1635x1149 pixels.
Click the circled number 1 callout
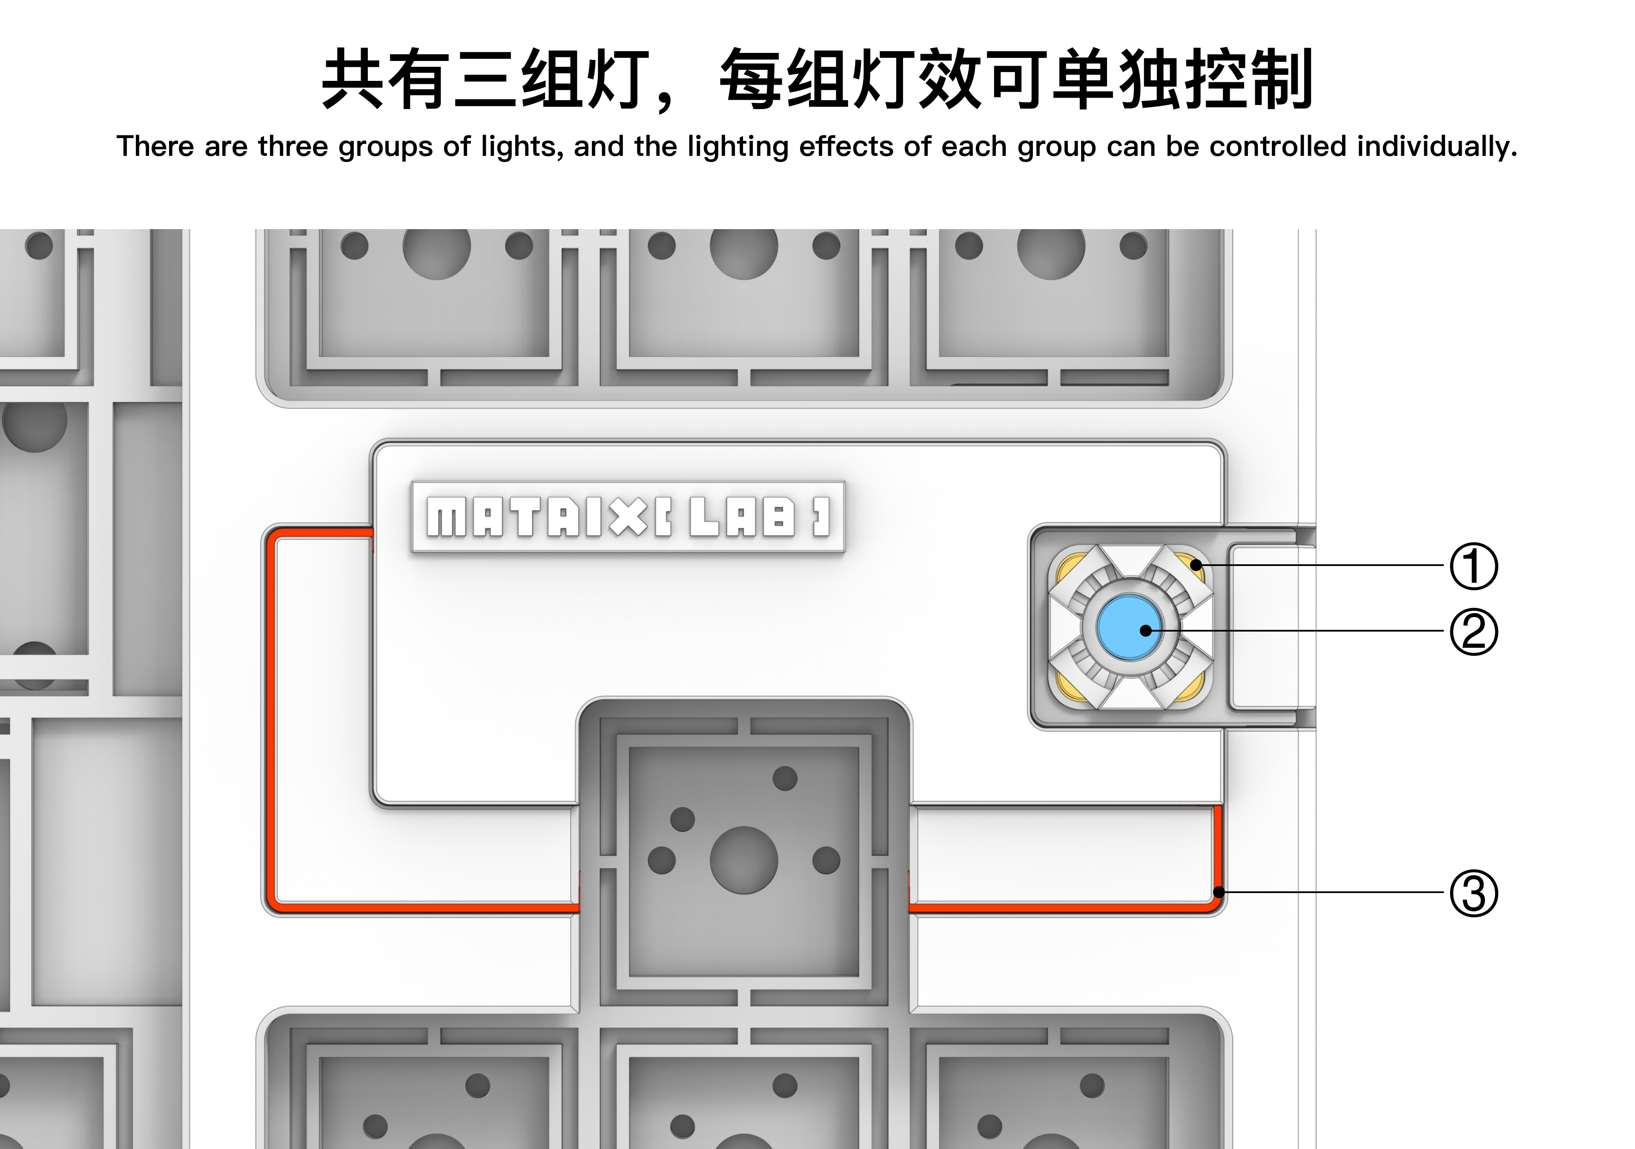pyautogui.click(x=1473, y=566)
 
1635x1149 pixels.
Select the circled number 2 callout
pyautogui.click(x=1473, y=632)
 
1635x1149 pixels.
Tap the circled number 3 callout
pyautogui.click(x=1473, y=893)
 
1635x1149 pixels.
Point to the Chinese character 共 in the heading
pyautogui.click(x=353, y=79)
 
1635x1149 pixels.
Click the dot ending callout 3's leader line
pyautogui.click(x=1219, y=892)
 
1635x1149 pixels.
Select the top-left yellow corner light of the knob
pyautogui.click(x=1067, y=568)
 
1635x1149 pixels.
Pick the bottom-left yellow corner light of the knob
pyautogui.click(x=1067, y=686)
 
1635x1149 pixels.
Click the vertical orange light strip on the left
pyautogui.click(x=271, y=719)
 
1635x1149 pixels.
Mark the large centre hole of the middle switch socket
pyautogui.click(x=743, y=860)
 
